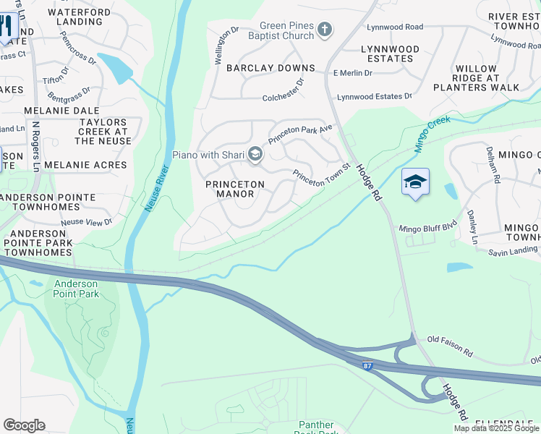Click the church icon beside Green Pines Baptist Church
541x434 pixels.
[x=325, y=30]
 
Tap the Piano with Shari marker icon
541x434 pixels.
[x=255, y=154]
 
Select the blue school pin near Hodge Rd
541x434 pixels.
[x=415, y=182]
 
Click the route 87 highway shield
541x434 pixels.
[x=368, y=367]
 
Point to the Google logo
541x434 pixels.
[x=24, y=425]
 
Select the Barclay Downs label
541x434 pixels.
[x=270, y=68]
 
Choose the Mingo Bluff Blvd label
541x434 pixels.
[x=429, y=229]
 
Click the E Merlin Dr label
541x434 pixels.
[x=352, y=73]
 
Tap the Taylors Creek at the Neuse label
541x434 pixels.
[x=103, y=132]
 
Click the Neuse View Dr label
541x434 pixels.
[x=87, y=222]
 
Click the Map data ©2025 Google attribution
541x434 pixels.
[x=496, y=428]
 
